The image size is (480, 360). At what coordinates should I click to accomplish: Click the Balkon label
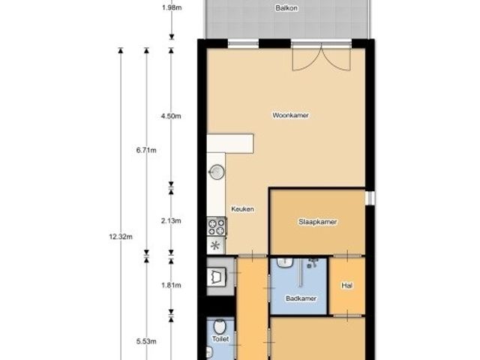tap(286, 8)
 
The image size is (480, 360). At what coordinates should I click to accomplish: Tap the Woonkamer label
tap(290, 115)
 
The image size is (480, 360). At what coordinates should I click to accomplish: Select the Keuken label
tap(242, 209)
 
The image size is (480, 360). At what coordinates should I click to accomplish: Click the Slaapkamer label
tap(318, 222)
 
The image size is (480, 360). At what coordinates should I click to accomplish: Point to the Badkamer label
tap(301, 298)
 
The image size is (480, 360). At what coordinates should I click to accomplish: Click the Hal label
tap(346, 285)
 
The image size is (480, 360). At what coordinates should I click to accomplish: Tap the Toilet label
tap(220, 339)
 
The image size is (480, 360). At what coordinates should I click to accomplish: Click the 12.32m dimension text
tap(121, 237)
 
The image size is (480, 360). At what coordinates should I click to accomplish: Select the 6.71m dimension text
tap(146, 150)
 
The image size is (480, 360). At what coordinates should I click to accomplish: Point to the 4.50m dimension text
tap(171, 116)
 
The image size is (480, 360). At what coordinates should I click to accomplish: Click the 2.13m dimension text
tap(171, 220)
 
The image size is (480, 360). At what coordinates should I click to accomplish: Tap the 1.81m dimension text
tap(171, 285)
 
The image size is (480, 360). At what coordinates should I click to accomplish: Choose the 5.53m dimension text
tap(146, 341)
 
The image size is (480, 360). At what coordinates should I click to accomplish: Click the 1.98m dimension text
tap(172, 7)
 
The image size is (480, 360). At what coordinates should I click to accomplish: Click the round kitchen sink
tap(217, 172)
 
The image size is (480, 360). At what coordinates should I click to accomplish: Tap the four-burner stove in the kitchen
tap(217, 226)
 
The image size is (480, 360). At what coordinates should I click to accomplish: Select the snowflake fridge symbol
tap(216, 245)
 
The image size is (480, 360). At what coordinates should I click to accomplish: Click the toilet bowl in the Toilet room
tap(219, 326)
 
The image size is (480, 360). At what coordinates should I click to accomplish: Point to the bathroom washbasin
tap(285, 262)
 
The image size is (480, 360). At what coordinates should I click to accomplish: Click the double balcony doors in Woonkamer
tap(321, 58)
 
